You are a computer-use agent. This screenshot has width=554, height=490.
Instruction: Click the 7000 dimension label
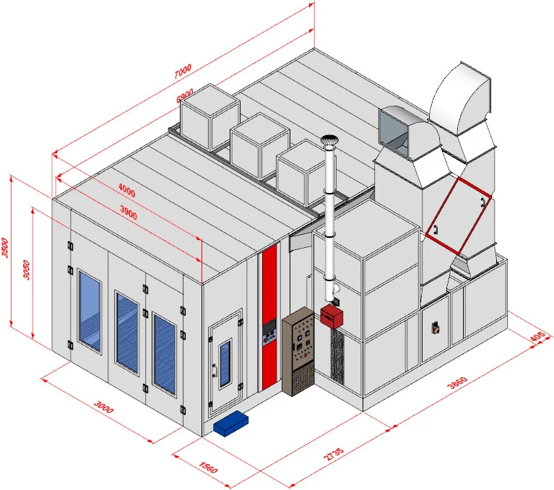(x=183, y=71)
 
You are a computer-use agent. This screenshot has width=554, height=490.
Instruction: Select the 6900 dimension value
(x=185, y=95)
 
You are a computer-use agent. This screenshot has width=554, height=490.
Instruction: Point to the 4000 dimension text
(x=126, y=190)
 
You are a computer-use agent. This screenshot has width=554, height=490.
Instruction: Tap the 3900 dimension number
(x=129, y=212)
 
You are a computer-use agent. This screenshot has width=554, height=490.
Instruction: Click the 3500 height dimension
(x=5, y=247)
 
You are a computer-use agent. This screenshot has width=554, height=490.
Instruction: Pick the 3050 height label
(x=27, y=270)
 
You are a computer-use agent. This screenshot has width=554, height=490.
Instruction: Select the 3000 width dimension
(x=104, y=407)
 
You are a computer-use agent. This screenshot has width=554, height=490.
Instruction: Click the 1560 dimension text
(x=208, y=467)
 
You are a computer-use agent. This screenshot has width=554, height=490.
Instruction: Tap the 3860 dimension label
(x=457, y=382)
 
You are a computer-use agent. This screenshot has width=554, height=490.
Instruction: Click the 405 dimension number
(x=537, y=336)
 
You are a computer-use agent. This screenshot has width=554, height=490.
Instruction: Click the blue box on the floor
(x=230, y=424)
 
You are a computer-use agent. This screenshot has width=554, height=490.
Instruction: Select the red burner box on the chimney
(x=332, y=316)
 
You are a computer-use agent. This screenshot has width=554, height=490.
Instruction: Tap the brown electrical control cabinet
(x=298, y=351)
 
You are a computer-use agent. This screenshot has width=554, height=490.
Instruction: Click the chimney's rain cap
(x=329, y=139)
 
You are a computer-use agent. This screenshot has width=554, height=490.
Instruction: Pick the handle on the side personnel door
(x=215, y=370)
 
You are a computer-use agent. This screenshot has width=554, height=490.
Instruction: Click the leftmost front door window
(x=90, y=311)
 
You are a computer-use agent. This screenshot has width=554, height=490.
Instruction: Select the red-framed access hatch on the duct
(x=458, y=216)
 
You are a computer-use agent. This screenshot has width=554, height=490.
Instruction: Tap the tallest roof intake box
(x=210, y=117)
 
